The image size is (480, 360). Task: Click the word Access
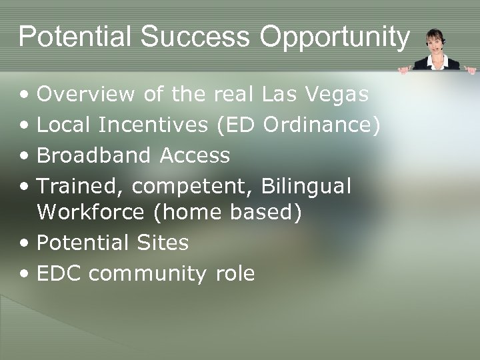(195, 156)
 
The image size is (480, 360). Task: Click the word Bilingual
(306, 187)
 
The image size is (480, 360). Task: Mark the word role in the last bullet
(235, 273)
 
